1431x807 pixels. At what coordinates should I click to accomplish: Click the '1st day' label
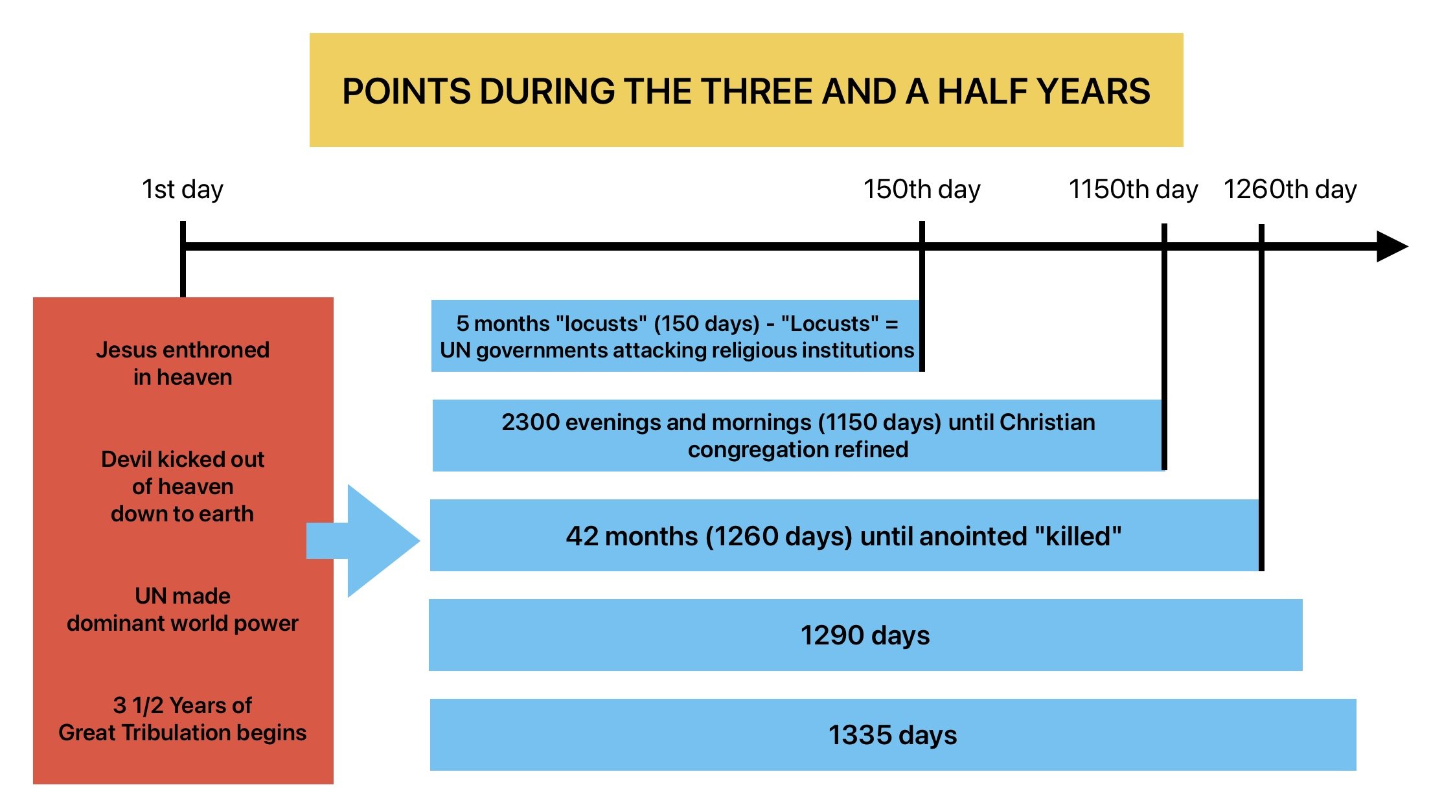[183, 189]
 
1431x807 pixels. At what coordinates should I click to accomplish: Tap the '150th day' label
[922, 189]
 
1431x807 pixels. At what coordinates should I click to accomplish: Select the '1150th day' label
[1133, 189]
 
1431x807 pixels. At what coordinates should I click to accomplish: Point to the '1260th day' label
[1290, 189]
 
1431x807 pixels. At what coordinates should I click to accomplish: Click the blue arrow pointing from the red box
[363, 541]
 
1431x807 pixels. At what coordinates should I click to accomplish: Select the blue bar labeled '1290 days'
[865, 635]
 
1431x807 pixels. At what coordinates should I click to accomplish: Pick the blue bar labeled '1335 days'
[893, 734]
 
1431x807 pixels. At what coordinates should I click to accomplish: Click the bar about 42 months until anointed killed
[845, 535]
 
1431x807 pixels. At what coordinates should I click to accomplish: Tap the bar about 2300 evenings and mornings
[798, 435]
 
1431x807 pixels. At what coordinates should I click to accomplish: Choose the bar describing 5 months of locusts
[676, 335]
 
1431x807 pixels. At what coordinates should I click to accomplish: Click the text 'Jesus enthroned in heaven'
[183, 363]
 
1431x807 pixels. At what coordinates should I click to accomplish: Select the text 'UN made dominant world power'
[183, 609]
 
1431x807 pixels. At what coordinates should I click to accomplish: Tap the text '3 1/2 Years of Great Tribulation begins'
[183, 719]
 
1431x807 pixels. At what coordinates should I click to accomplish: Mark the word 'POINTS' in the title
[406, 91]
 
